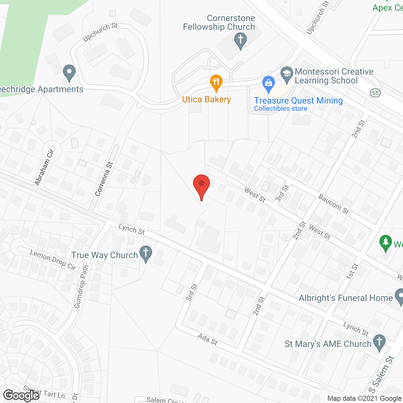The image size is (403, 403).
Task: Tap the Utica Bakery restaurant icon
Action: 216,83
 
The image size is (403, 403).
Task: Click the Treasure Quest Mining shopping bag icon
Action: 268,84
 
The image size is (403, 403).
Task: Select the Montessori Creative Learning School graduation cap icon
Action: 287,75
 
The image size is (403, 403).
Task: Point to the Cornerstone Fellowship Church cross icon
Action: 241,41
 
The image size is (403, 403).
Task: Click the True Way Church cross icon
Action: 146,254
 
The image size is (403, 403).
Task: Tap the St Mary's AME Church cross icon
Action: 379,343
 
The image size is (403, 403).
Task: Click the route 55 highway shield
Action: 375,93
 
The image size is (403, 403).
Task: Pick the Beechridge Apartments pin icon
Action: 69,73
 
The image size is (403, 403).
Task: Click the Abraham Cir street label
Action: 44,167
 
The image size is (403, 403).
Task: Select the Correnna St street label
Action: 104,179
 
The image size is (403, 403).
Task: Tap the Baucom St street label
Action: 334,204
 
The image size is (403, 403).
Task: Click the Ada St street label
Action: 207,339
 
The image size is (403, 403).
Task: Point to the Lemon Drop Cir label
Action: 53,260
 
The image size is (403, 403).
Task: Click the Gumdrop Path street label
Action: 82,287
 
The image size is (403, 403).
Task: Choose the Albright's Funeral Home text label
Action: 346,298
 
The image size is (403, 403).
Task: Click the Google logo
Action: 21,395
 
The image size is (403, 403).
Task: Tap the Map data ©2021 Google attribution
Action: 365,398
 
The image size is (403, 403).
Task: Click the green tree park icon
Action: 386,243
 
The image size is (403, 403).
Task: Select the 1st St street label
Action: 352,271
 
